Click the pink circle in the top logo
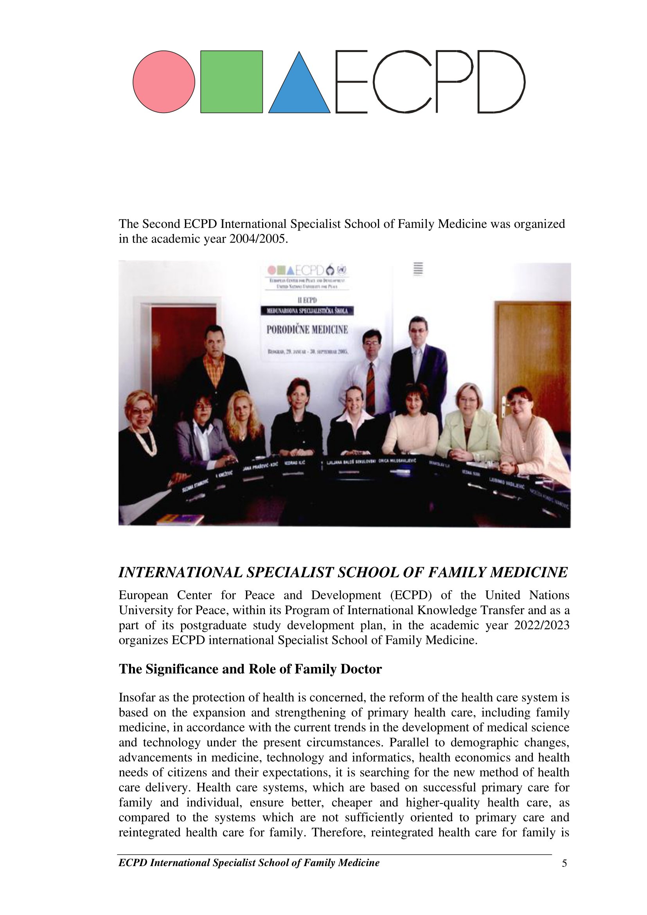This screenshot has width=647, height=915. (164, 82)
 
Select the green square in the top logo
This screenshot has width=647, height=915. (232, 82)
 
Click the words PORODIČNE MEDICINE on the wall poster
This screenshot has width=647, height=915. (306, 329)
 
